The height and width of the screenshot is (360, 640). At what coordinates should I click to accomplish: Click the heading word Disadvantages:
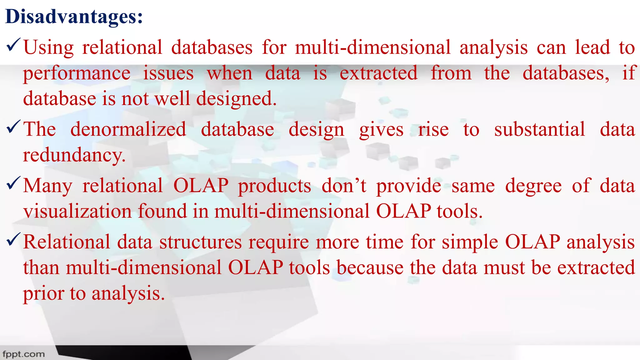(x=74, y=17)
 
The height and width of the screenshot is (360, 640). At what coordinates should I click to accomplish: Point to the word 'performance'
(x=77, y=74)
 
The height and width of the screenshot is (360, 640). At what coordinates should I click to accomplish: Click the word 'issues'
(x=168, y=73)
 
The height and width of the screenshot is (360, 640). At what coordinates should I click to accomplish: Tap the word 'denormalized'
(x=128, y=129)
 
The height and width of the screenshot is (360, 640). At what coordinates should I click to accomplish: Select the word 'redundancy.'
(x=74, y=155)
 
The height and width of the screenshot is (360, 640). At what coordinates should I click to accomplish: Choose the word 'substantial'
(x=539, y=129)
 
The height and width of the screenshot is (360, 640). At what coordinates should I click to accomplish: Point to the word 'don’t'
(x=344, y=186)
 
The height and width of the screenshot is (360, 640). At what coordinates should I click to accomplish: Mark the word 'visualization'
(x=77, y=211)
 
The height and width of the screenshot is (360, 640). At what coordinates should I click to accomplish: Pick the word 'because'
(x=370, y=268)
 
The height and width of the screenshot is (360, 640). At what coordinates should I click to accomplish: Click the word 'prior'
(x=43, y=294)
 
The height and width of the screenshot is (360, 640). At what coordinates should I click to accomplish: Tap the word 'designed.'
(x=236, y=99)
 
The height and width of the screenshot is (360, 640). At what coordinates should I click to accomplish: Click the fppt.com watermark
(x=24, y=354)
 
